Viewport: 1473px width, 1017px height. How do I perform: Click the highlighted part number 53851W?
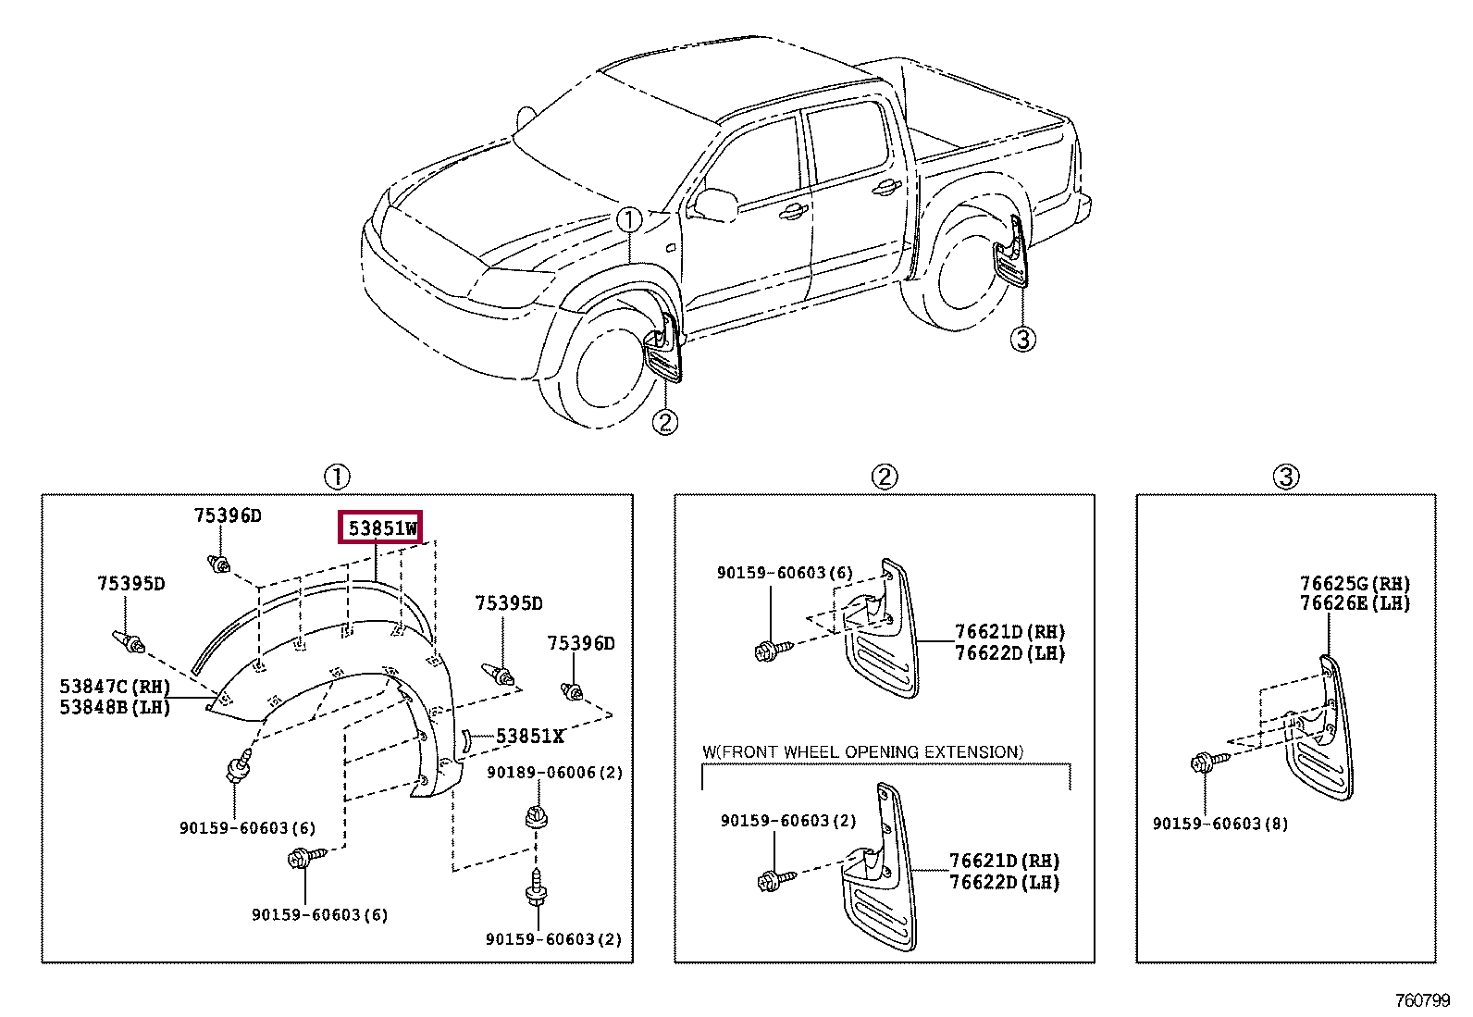tap(381, 528)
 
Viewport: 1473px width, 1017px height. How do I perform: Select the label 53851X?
tap(529, 737)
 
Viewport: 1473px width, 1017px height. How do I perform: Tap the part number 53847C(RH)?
tap(115, 687)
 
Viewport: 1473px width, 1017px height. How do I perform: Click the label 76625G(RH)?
tap(1355, 584)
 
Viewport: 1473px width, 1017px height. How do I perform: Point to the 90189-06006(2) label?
tap(554, 773)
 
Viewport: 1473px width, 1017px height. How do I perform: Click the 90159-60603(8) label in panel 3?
tap(1219, 824)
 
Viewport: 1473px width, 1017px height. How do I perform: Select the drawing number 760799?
tap(1422, 1000)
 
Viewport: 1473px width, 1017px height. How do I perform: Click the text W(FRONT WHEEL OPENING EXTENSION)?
tap(862, 752)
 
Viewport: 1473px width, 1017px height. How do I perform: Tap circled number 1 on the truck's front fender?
tap(628, 220)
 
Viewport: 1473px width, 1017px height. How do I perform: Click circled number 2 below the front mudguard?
tap(664, 422)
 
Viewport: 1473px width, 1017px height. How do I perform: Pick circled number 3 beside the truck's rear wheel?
tap(1021, 339)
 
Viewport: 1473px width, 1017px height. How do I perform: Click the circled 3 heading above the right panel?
tap(1285, 477)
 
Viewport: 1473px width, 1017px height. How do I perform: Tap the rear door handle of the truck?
tap(885, 188)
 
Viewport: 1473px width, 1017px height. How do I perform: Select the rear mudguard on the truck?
tap(1012, 254)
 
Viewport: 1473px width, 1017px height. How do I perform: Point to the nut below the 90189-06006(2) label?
tap(536, 817)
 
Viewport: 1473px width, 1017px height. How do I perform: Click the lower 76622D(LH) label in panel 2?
tap(1004, 883)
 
